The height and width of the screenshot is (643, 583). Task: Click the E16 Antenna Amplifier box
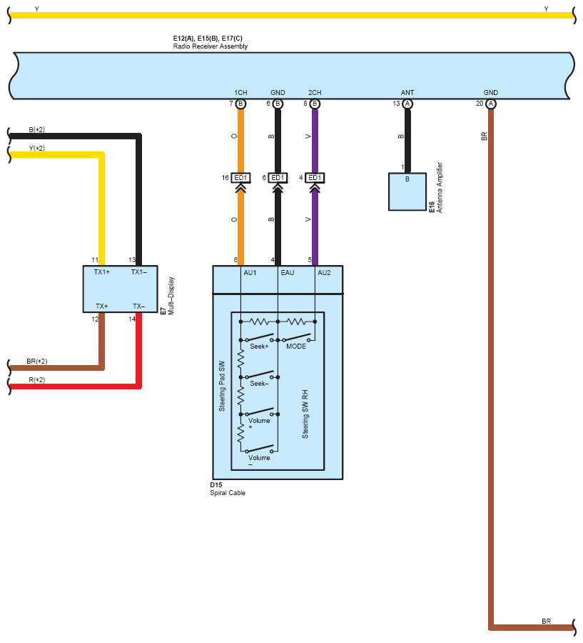[x=407, y=191]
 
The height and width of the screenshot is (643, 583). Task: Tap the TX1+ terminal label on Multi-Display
[x=101, y=272]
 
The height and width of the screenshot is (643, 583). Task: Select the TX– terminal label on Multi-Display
[x=138, y=306]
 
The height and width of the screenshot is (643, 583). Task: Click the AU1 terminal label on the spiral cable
[x=250, y=273]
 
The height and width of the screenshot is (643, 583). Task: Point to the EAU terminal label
[x=287, y=273]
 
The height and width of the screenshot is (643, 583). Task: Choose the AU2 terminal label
[x=324, y=273]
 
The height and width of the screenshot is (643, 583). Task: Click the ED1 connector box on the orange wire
[x=240, y=178]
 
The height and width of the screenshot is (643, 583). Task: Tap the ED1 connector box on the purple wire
[x=315, y=178]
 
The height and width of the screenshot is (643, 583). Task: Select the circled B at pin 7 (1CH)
[x=241, y=104]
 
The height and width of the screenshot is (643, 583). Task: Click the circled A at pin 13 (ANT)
[x=407, y=104]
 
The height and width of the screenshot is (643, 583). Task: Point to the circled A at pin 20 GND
[x=490, y=104]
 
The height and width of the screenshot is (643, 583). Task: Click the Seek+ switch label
[x=259, y=347]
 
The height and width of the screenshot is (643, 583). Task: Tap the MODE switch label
[x=296, y=347]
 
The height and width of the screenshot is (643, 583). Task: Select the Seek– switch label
[x=259, y=384]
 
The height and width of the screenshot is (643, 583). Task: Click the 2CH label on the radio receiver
[x=315, y=93]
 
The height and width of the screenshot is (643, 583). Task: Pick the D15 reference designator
[x=216, y=484]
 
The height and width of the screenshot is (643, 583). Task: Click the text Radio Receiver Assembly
[x=211, y=46]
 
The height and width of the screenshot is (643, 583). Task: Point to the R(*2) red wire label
[x=37, y=380]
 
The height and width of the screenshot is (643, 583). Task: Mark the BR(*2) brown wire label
[x=37, y=362]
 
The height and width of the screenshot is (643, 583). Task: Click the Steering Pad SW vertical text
[x=222, y=387]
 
